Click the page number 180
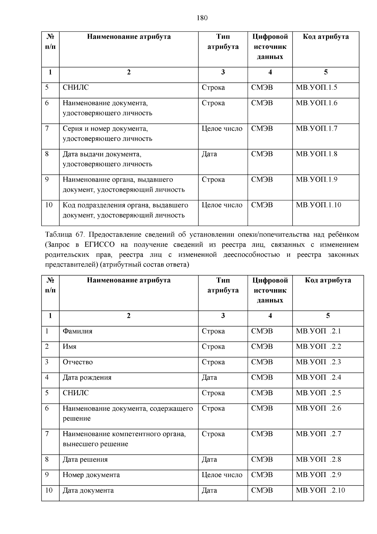202,18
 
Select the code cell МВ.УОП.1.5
316,87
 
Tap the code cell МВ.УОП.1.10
318,205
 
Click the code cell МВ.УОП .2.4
318,378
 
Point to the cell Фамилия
78,331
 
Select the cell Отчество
78,362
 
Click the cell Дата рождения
87,378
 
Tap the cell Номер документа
91,475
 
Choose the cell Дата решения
85,460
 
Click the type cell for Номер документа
222,475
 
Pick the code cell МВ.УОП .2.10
320,491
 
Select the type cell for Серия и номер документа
222,129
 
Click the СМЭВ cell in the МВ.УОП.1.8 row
262,154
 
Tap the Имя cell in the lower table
70,347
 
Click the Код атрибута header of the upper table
325,37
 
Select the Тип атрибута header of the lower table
223,285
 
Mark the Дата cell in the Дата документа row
209,491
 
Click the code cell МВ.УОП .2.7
318,434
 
